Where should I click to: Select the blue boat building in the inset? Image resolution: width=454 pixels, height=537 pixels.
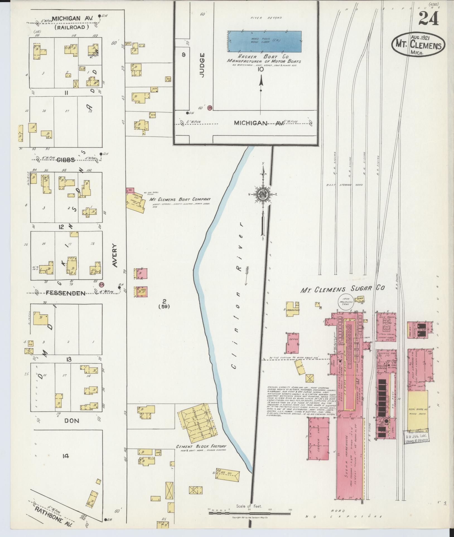(x=265, y=41)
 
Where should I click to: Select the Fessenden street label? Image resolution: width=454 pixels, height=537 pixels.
(x=66, y=293)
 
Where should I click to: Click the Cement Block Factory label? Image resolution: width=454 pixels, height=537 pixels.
(x=201, y=446)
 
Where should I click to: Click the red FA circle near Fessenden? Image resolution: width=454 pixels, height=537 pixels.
(x=102, y=284)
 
